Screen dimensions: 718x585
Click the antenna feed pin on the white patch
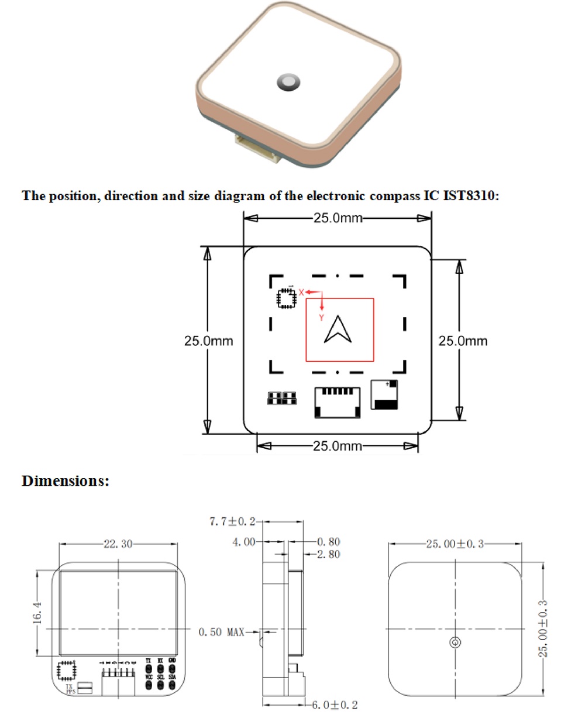click(288, 83)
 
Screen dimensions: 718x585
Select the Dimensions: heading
click(66, 481)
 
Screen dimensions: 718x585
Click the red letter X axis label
click(301, 291)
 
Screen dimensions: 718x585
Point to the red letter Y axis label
click(321, 317)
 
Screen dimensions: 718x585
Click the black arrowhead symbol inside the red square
click(338, 330)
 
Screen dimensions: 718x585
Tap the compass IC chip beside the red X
click(286, 297)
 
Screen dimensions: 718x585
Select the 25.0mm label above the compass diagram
click(338, 218)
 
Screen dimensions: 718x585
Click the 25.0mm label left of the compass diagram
click(208, 341)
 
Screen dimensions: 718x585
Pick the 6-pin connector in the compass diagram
click(338, 402)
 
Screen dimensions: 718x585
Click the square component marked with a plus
click(385, 395)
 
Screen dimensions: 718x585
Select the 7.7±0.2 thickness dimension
click(232, 521)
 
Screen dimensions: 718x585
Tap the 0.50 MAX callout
click(221, 632)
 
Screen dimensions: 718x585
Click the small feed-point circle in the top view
click(455, 643)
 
